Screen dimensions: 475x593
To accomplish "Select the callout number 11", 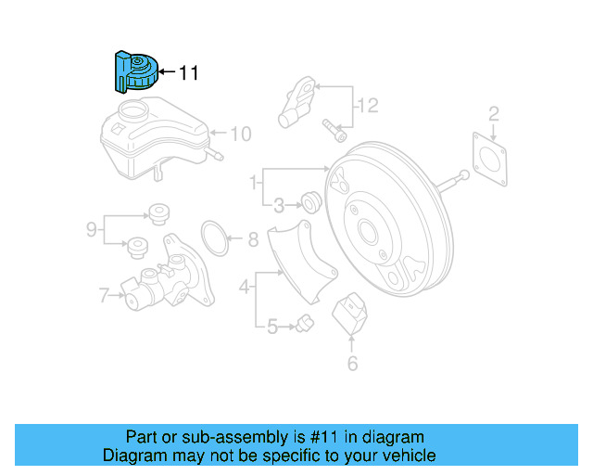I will pos(188,72).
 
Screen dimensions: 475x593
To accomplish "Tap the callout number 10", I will pos(240,135).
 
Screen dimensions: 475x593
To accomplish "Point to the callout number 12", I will pos(368,106).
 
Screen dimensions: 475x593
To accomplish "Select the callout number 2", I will pos(494,114).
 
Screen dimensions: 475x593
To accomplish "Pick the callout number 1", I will pos(252,185).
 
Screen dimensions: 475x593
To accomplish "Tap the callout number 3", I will pos(277,204).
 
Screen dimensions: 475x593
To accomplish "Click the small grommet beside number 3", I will pos(310,200).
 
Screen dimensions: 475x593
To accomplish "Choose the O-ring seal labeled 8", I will pos(215,237).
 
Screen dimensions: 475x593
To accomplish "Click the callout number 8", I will pos(253,241).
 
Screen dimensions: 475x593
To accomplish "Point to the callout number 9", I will pos(92,228).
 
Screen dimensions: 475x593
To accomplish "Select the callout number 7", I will pos(104,296).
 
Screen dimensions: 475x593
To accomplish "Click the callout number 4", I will pos(245,288).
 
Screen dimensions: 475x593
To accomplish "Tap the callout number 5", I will pos(271,326).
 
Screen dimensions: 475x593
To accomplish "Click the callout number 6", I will pos(352,364).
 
